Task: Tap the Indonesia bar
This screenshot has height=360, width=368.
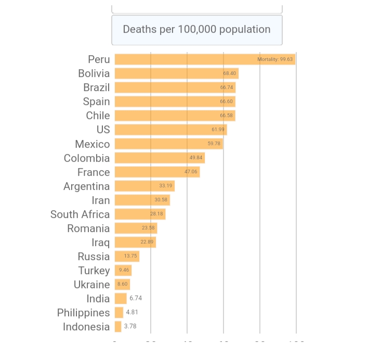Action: pyautogui.click(x=118, y=327)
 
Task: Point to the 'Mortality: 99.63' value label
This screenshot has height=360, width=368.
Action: pyautogui.click(x=275, y=59)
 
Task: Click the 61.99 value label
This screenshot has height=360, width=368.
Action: pyautogui.click(x=218, y=130)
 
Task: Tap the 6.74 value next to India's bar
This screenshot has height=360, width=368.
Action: pyautogui.click(x=136, y=299)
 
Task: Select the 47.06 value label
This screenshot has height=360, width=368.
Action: pyautogui.click(x=191, y=172)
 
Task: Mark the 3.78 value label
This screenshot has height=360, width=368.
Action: pyautogui.click(x=130, y=327)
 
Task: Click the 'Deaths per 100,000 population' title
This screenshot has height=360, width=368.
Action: pyautogui.click(x=196, y=30)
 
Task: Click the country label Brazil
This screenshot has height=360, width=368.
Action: pyautogui.click(x=96, y=87)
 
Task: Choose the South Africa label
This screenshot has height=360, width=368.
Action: pyautogui.click(x=80, y=214)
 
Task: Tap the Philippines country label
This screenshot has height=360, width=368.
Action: pyautogui.click(x=83, y=313)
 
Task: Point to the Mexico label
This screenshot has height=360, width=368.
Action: pyautogui.click(x=92, y=144)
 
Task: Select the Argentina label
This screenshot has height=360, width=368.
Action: pyautogui.click(x=86, y=186)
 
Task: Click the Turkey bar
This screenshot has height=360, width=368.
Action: pyautogui.click(x=123, y=271)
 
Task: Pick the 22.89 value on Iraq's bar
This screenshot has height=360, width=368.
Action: pyautogui.click(x=147, y=242)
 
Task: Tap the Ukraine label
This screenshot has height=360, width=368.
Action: pyautogui.click(x=91, y=285)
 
